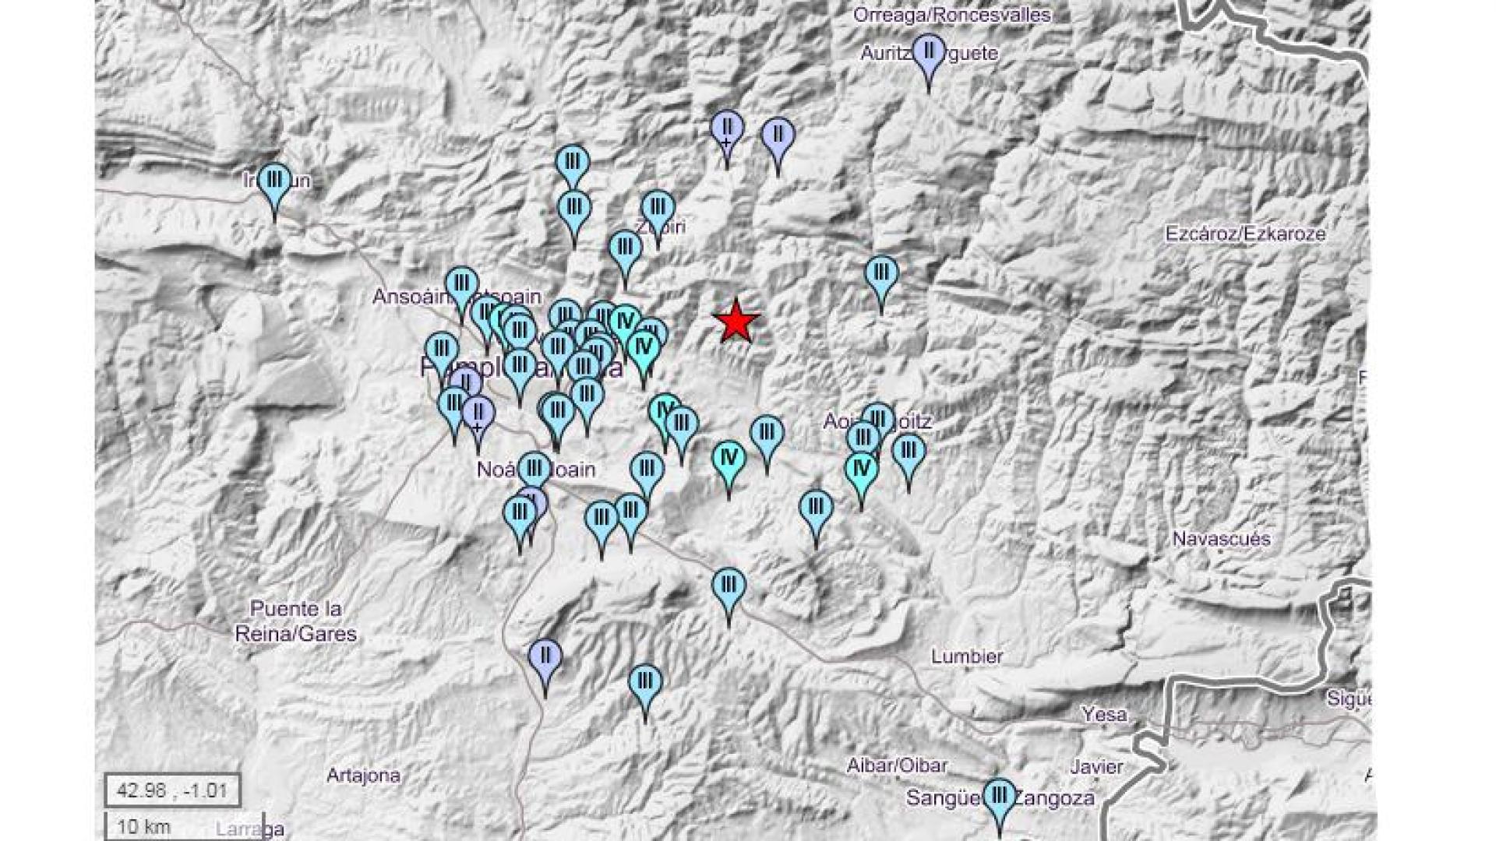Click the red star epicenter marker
[x=736, y=322]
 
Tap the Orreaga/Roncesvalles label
[x=951, y=15]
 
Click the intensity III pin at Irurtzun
[x=274, y=181]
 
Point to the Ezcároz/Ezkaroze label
[x=1245, y=234]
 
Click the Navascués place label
[x=1221, y=539]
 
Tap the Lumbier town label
[x=967, y=656]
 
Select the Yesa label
[x=1104, y=714]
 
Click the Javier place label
[x=1096, y=767]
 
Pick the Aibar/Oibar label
[x=897, y=766]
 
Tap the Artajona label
[x=364, y=776]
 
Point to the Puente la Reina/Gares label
[x=295, y=621]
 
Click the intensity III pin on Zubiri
[x=658, y=208]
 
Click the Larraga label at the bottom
[x=250, y=829]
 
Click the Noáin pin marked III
[x=535, y=470]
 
